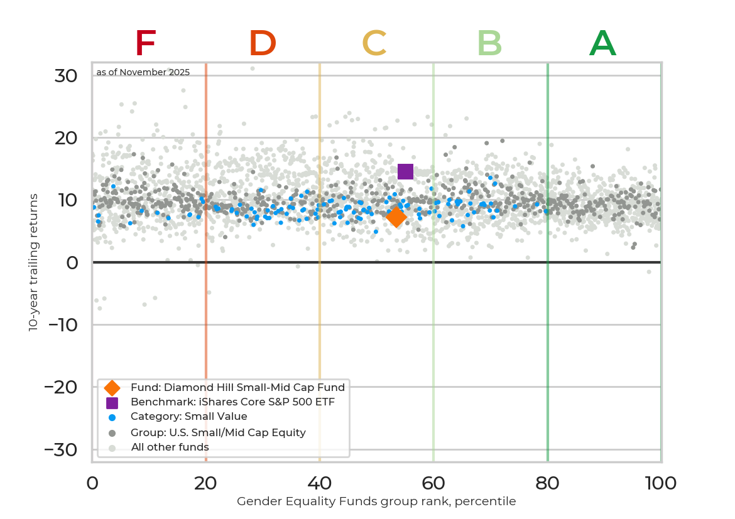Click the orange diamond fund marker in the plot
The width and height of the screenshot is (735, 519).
396,217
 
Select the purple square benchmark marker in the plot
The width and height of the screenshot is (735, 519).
405,171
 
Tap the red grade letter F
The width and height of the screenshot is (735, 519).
145,44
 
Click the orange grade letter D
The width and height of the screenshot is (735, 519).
263,44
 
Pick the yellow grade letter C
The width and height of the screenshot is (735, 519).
374,44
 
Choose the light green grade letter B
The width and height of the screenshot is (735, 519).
489,44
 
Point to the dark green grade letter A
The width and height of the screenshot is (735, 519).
602,44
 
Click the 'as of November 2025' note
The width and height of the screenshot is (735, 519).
143,72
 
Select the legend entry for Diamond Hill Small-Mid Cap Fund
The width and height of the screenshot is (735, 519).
237,387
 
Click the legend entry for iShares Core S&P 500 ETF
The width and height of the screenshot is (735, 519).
232,402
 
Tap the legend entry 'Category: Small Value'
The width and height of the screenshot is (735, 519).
188,417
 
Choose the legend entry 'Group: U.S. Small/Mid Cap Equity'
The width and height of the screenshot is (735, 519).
218,432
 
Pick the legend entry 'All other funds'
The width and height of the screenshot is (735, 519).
170,447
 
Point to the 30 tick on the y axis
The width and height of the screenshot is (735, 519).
66,76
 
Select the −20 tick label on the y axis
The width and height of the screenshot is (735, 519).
61,387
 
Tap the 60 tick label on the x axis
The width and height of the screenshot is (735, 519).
433,483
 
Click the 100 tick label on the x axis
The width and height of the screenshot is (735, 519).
661,483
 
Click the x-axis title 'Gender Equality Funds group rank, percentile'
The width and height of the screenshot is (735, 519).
376,501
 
